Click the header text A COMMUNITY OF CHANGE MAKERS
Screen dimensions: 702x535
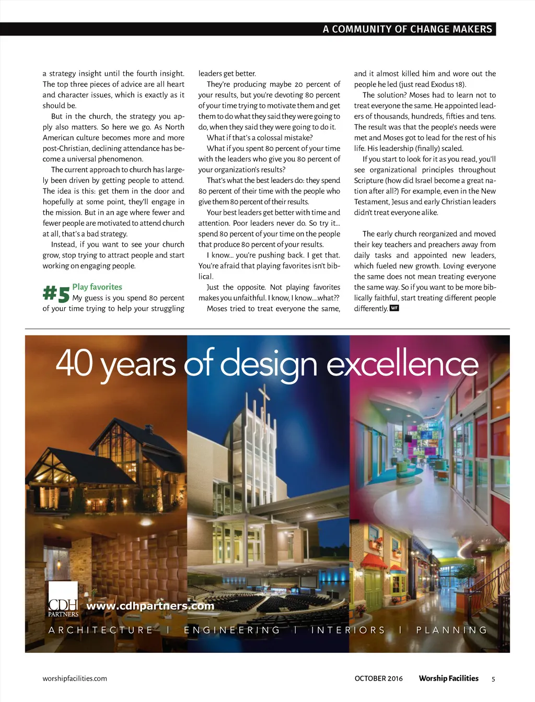pos(407,29)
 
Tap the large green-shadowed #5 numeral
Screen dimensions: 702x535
pos(56,294)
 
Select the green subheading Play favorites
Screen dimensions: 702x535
pos(97,287)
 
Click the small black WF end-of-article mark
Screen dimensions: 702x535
pos(394,308)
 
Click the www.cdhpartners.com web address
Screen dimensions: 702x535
pos(150,606)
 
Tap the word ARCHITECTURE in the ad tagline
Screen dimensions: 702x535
pos(101,630)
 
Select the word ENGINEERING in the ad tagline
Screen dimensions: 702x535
pos(232,630)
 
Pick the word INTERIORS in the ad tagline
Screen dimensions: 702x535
pos(348,630)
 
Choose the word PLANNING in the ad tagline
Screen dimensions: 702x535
pos(452,630)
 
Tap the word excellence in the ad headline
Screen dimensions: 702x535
pos(402,364)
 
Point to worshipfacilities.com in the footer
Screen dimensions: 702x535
pos(75,678)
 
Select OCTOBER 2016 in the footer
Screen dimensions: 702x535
pos(379,678)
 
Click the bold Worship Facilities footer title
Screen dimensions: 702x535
pos(448,678)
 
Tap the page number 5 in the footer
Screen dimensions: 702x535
pos(493,679)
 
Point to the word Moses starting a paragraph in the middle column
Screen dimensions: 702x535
pos(217,309)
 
